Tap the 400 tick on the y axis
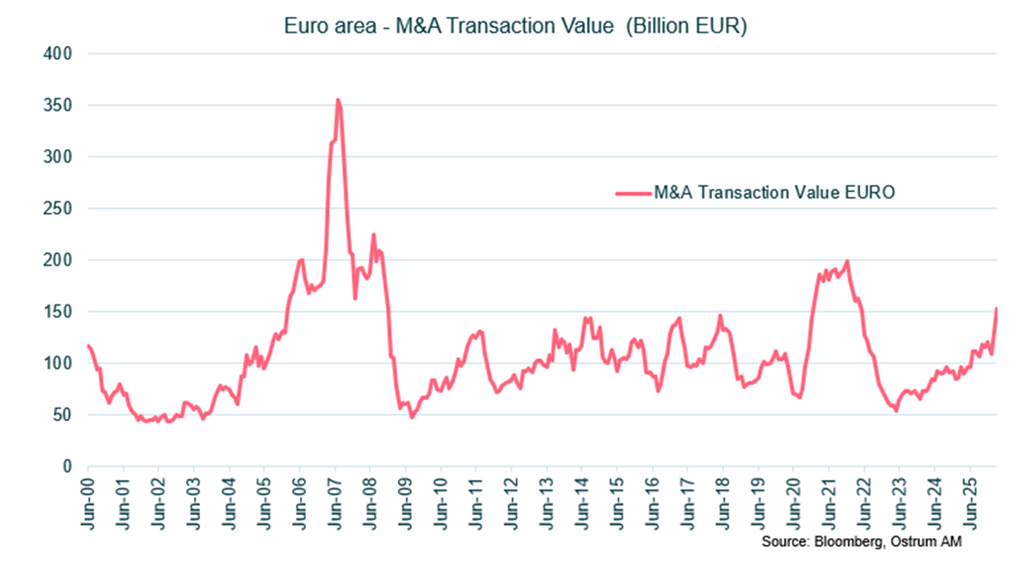[59, 54]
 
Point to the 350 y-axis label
[59, 106]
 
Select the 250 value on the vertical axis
[59, 209]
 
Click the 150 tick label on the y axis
[59, 312]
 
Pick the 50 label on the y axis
[64, 415]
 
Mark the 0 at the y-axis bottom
[67, 467]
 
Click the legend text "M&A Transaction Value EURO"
[774, 191]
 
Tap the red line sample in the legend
[631, 191]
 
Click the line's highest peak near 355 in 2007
[338, 100]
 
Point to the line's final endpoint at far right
[997, 309]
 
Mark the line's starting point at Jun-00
[88, 346]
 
